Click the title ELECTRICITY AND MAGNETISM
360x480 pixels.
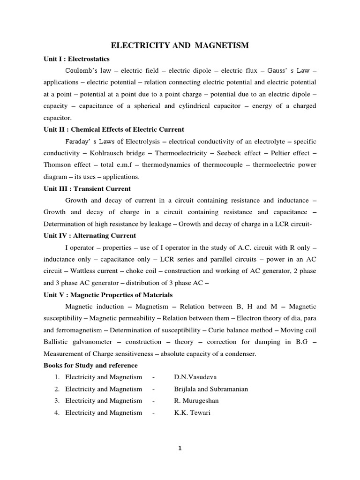[180, 45]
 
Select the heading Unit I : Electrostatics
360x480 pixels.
[76, 59]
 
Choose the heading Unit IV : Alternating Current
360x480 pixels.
[90, 236]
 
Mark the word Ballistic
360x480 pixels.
[59, 342]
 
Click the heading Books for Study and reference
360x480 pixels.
[90, 365]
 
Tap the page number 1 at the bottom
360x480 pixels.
[180, 448]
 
